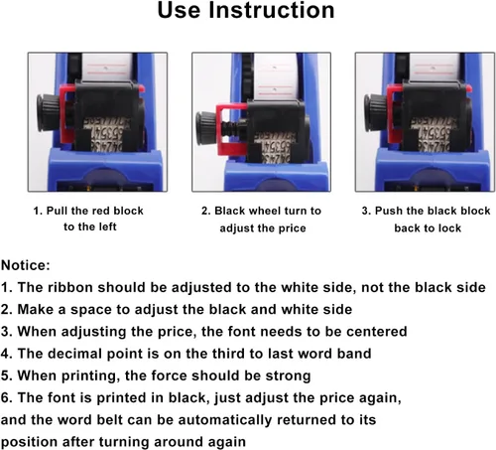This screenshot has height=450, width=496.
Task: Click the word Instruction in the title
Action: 271,10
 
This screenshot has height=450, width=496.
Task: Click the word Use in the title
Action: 179,10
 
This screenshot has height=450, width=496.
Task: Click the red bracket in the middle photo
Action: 228,130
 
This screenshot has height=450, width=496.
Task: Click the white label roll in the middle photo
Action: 276,78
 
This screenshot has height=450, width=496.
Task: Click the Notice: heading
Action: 26,265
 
